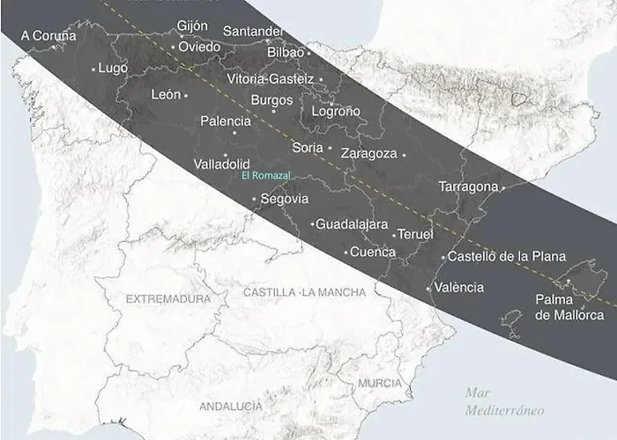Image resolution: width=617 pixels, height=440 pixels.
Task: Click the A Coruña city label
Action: [x=48, y=36]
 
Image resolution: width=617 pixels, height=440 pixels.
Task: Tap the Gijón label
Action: [x=192, y=26]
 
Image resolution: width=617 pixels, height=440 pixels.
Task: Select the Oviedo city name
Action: [x=199, y=47]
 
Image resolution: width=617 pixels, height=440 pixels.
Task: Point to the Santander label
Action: [x=253, y=32]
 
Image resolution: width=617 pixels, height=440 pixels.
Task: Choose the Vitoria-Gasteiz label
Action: [x=270, y=79]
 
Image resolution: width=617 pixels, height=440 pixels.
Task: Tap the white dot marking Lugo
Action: [x=93, y=69]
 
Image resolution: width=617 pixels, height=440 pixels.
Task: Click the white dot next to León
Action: [x=186, y=95]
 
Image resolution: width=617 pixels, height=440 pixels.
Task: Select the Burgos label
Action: [x=271, y=100]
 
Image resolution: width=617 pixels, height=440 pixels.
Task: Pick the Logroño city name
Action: [x=336, y=112]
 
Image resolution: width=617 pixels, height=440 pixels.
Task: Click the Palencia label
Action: [x=226, y=121]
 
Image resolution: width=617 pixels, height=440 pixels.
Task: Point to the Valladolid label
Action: [x=221, y=165]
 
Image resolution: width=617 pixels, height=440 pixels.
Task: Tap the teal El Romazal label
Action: [x=265, y=176]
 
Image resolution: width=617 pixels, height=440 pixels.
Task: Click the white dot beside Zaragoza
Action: [x=405, y=155]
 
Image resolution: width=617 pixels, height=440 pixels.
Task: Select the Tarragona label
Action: [x=468, y=187]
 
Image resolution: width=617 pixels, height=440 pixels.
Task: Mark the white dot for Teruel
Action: [x=394, y=235]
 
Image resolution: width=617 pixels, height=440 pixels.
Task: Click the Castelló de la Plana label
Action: [x=506, y=257]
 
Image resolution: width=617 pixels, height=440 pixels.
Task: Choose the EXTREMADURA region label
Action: [x=168, y=299]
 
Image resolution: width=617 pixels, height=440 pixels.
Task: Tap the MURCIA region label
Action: [x=380, y=384]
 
